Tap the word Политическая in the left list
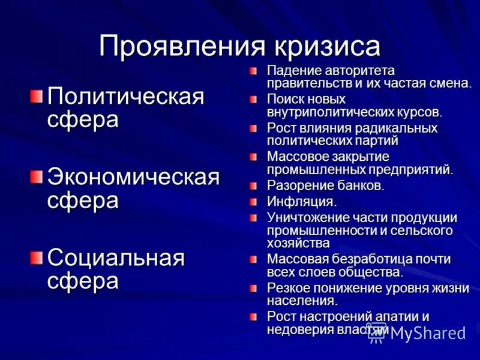(x=126, y=96)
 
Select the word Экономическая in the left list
(x=134, y=178)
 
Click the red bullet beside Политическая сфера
(x=37, y=95)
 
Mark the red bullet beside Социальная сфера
(x=37, y=257)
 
